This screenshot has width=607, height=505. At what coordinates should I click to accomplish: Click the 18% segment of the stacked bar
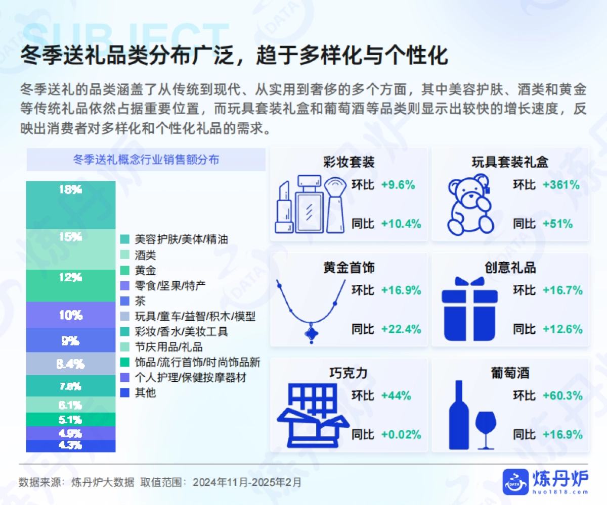70,205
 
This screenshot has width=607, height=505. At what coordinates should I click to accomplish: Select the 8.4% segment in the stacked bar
70,364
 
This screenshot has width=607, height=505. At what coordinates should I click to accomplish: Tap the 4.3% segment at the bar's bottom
70,446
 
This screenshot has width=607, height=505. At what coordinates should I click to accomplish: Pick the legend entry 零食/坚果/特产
170,286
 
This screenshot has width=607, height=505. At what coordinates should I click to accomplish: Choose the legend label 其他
145,393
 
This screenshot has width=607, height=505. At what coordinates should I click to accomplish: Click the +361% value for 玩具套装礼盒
561,185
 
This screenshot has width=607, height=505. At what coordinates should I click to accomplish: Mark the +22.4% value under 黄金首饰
401,329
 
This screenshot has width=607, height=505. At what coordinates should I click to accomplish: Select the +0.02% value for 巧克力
401,435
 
